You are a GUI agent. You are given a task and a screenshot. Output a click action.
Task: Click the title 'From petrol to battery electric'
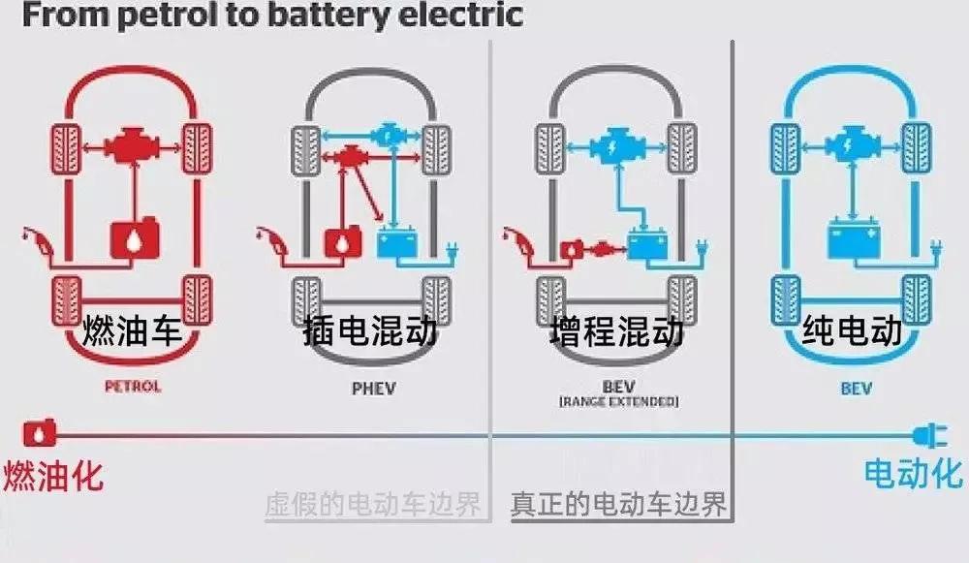pyautogui.click(x=262, y=16)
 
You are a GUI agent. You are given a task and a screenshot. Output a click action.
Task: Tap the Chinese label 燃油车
pyautogui.click(x=132, y=332)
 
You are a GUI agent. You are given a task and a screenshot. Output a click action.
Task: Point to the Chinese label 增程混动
pyautogui.click(x=611, y=332)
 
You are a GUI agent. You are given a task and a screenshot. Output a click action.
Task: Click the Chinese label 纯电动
pyautogui.click(x=852, y=332)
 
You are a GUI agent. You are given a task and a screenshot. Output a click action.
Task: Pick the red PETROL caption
pyautogui.click(x=132, y=387)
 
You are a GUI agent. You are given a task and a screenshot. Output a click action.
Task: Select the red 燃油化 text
pyautogui.click(x=53, y=475)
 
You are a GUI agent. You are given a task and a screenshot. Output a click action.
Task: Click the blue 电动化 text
pyautogui.click(x=913, y=473)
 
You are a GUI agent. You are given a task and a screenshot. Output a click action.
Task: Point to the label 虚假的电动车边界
pyautogui.click(x=373, y=505)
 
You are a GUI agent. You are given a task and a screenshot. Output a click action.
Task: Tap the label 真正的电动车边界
pyautogui.click(x=619, y=505)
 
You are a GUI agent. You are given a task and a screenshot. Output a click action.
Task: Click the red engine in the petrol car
pyautogui.click(x=133, y=148)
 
